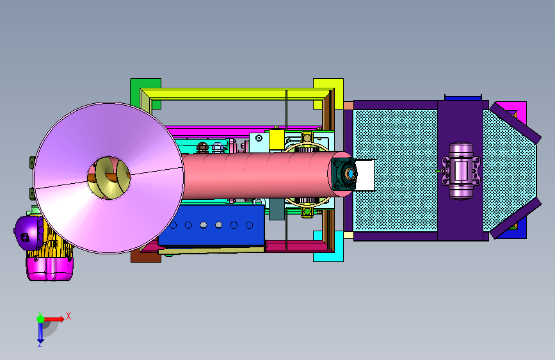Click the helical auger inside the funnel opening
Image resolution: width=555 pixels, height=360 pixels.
(x=109, y=178)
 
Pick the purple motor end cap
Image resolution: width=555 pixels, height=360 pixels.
(x=28, y=233)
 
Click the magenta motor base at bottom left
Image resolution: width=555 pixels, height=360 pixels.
(x=49, y=269)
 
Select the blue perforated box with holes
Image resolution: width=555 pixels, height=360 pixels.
(x=212, y=226)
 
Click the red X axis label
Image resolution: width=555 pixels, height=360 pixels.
(x=68, y=316)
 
